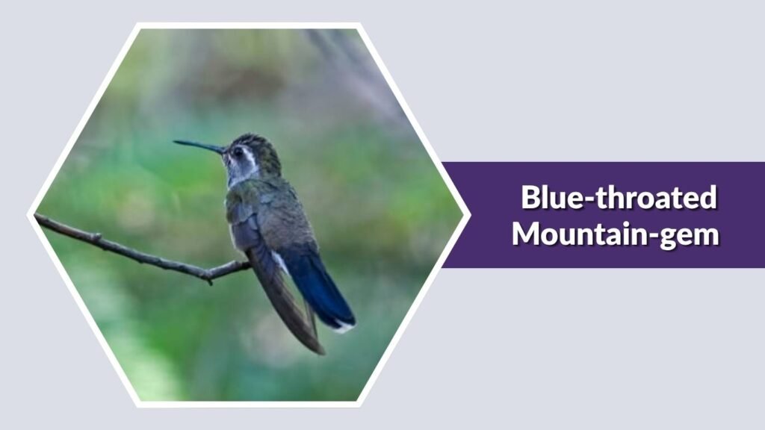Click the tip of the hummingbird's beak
[175, 141]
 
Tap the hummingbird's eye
[237, 152]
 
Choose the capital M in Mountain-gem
[527, 233]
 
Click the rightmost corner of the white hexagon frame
[468, 215]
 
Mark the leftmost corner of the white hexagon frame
[29, 215]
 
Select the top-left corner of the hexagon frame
[137, 25]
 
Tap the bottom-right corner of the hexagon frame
[360, 405]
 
